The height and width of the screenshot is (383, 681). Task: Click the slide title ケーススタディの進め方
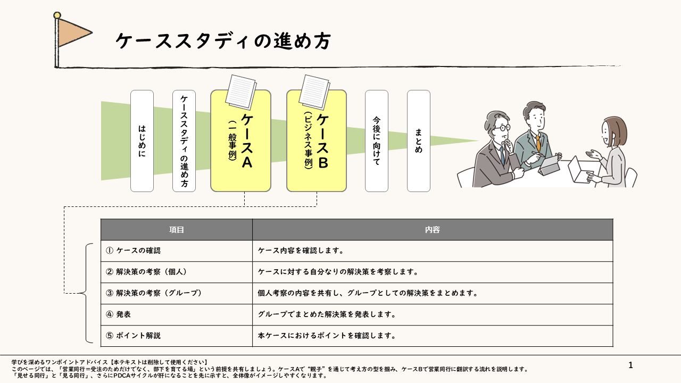click(x=223, y=41)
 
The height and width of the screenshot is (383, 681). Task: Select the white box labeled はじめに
click(x=142, y=141)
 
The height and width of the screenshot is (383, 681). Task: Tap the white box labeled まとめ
click(x=419, y=141)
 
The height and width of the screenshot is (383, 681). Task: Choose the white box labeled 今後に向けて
click(x=377, y=141)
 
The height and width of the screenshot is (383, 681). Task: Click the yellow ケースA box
click(x=241, y=141)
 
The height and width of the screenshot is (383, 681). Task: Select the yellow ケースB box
click(x=317, y=141)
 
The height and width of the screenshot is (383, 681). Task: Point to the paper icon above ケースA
click(x=241, y=92)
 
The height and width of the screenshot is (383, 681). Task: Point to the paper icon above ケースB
click(x=314, y=92)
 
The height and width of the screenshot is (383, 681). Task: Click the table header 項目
click(x=177, y=229)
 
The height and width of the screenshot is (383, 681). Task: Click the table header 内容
click(x=433, y=229)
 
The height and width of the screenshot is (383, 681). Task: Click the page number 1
click(x=630, y=365)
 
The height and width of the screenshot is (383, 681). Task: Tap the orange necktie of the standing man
click(x=538, y=144)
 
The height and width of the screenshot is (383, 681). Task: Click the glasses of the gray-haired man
click(x=502, y=128)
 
